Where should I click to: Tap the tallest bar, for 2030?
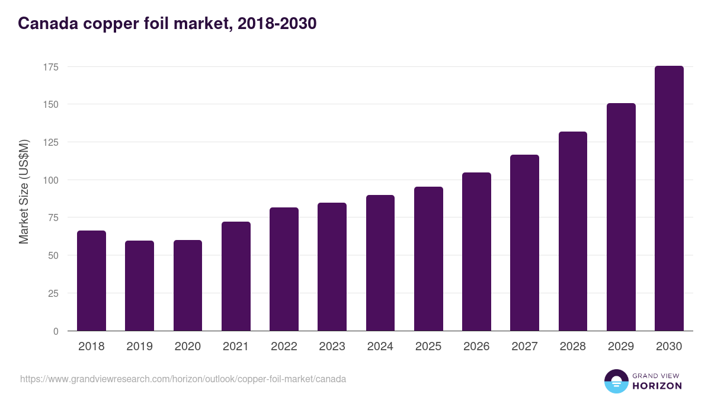click(669, 198)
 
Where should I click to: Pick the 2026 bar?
click(476, 251)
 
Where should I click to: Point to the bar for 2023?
click(332, 267)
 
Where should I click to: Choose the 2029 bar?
click(621, 217)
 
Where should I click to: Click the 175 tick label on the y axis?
click(51, 67)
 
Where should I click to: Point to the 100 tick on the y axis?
click(51, 180)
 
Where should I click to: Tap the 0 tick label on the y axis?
click(56, 331)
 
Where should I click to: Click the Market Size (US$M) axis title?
click(24, 191)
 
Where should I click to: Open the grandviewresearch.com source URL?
click(183, 379)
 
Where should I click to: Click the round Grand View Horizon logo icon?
click(616, 381)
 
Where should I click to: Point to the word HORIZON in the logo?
click(656, 386)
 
